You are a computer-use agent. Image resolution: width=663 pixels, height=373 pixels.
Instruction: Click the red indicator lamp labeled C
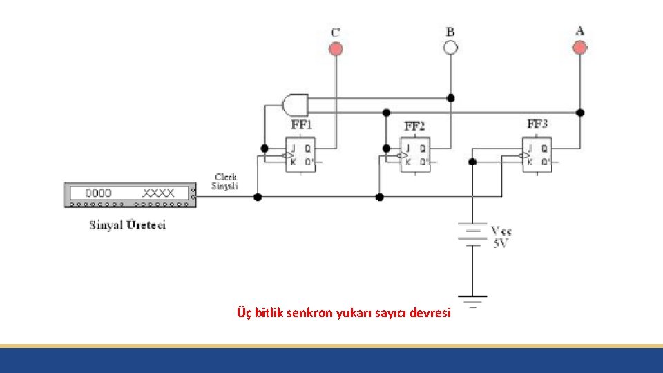[x=336, y=48]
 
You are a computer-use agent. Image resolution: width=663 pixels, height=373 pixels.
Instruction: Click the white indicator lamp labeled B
[x=450, y=48]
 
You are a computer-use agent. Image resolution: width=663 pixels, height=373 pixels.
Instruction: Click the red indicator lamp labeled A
[x=580, y=47]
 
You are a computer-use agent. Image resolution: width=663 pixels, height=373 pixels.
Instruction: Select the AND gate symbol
[x=295, y=104]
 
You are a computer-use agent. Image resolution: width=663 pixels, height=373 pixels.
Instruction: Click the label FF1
[x=301, y=126]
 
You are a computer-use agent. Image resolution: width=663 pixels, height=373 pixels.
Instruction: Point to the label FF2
[x=414, y=126]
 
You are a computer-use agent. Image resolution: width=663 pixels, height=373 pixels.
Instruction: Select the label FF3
[x=537, y=124]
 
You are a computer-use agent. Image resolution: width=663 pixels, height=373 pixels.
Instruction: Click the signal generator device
[x=129, y=194]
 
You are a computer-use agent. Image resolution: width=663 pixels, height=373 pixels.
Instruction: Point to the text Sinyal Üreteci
[x=128, y=225]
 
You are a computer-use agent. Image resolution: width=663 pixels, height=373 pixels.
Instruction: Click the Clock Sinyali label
[x=225, y=181]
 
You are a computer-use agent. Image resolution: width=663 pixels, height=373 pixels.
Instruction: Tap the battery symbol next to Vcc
[x=472, y=233]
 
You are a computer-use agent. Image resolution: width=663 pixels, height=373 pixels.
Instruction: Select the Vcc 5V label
[x=501, y=236]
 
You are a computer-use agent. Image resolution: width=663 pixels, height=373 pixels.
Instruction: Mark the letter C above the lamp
[x=336, y=32]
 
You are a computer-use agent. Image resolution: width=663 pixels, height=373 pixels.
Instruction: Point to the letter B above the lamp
[x=450, y=32]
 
